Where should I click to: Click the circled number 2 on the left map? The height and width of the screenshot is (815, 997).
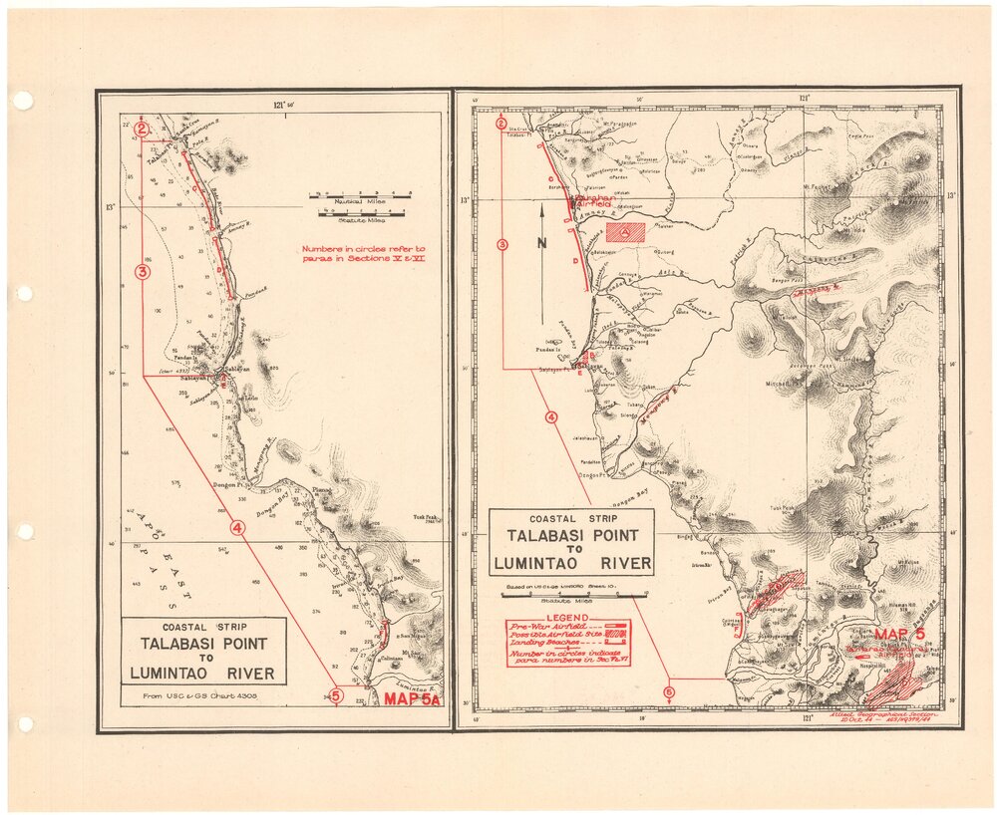click(x=142, y=128)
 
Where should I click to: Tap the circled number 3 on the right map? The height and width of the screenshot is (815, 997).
click(x=502, y=244)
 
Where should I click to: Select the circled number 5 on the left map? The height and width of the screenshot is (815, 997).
click(x=336, y=696)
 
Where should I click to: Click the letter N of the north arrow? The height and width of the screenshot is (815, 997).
click(x=539, y=242)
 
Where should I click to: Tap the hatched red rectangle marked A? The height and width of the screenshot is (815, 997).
click(x=625, y=232)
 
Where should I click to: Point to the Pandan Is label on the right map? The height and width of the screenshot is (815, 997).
click(x=550, y=351)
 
